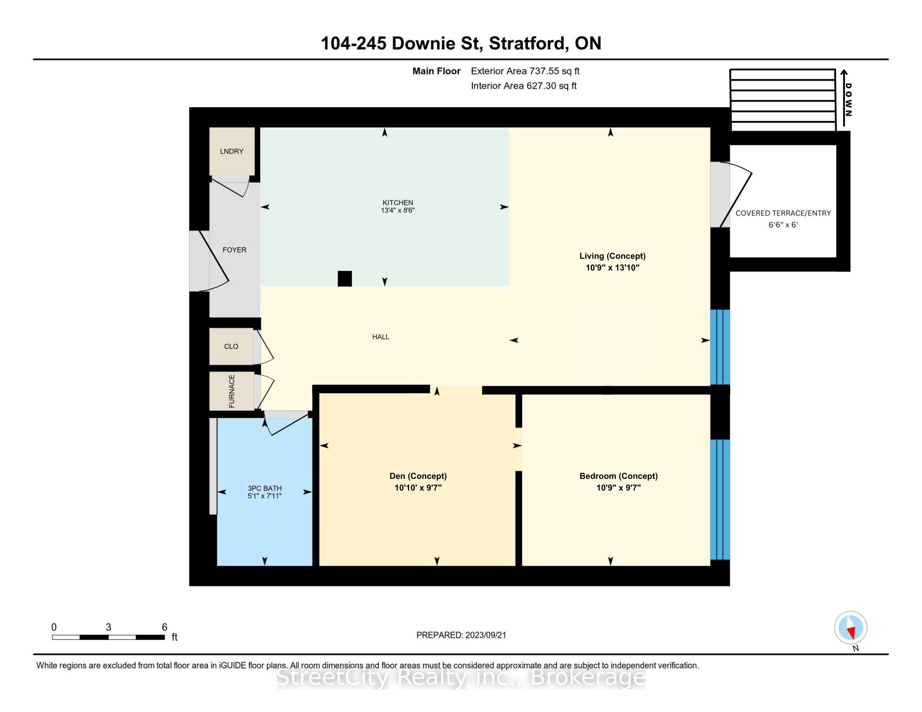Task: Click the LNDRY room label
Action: click(231, 151)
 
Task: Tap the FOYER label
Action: click(235, 250)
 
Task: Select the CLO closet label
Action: click(231, 346)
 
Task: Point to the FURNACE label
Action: click(232, 391)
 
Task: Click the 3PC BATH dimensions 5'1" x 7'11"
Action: click(264, 496)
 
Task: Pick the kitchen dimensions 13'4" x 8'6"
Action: click(398, 210)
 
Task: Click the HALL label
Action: click(380, 337)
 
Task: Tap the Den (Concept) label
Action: click(418, 476)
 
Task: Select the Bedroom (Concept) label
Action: click(619, 476)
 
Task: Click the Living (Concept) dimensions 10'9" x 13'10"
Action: click(612, 268)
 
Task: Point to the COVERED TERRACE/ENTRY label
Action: click(783, 213)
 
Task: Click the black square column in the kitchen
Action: click(345, 279)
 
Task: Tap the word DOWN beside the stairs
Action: click(848, 99)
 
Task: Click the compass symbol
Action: click(850, 627)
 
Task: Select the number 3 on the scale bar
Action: click(108, 627)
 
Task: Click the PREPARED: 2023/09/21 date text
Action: click(461, 635)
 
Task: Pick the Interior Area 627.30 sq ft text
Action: click(524, 86)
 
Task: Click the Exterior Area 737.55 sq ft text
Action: click(525, 71)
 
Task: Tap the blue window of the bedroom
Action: click(720, 500)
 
